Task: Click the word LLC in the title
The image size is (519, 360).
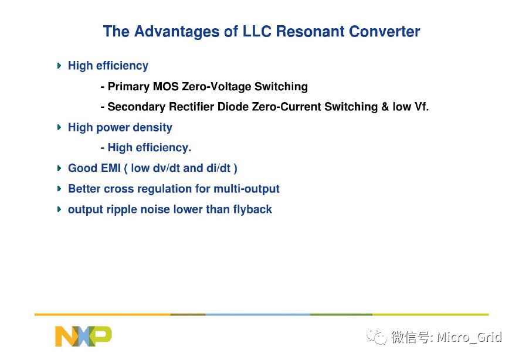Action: [x=257, y=32]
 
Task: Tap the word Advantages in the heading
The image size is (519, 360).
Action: [x=177, y=32]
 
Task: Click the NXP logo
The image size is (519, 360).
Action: [x=83, y=336]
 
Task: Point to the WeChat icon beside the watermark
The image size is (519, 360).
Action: [x=376, y=337]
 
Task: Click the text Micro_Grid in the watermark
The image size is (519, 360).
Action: [x=469, y=337]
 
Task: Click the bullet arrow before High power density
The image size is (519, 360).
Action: [x=59, y=127]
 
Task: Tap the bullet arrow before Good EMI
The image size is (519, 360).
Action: [x=59, y=168]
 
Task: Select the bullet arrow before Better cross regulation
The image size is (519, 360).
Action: [x=59, y=189]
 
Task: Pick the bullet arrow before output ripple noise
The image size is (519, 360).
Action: [x=59, y=209]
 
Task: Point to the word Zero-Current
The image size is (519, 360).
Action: [x=286, y=107]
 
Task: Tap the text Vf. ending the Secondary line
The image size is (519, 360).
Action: [x=421, y=107]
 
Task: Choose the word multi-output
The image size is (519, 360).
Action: [x=246, y=189]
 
